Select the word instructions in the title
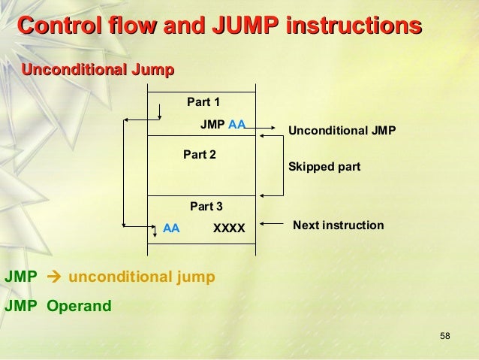[352, 27]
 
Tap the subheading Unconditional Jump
[98, 71]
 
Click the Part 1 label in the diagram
[203, 102]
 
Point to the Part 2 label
[200, 154]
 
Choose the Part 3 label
[206, 205]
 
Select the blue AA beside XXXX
[171, 225]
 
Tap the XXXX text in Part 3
[229, 225]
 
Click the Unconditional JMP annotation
[342, 132]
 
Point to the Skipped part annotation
[324, 167]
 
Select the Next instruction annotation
[338, 225]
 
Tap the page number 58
[444, 334]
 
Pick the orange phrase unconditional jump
[142, 277]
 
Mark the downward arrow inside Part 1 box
[160, 111]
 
